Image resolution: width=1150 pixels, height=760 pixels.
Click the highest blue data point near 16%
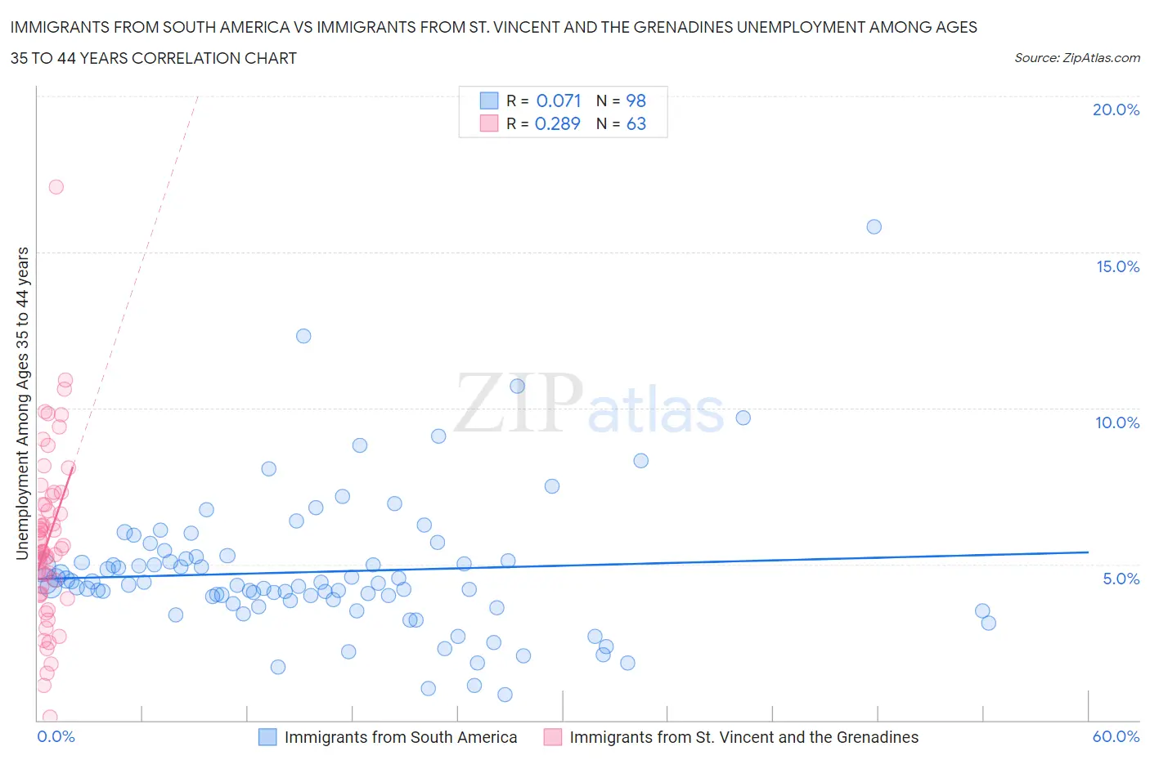(874, 226)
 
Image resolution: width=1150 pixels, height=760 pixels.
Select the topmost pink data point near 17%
(56, 186)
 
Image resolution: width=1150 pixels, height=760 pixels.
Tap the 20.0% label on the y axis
(1116, 110)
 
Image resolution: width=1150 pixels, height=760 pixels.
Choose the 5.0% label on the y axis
(1121, 579)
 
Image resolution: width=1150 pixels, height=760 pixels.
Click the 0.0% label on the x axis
(56, 736)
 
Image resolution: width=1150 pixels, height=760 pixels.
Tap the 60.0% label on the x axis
(1116, 736)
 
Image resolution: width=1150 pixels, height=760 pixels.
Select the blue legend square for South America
(267, 737)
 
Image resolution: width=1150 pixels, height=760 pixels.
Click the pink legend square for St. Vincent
(553, 737)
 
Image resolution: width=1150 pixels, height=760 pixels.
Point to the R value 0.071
(559, 101)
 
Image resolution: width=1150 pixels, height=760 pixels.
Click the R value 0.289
(557, 123)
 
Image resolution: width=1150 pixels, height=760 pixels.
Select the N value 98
(636, 101)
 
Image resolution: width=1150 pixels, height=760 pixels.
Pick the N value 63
(636, 123)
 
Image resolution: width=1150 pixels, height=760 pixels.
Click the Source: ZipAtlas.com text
(1076, 58)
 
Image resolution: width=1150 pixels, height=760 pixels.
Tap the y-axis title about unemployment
(22, 403)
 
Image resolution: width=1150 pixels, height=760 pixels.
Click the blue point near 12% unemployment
(303, 336)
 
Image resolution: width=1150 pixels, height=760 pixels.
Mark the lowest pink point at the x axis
(50, 717)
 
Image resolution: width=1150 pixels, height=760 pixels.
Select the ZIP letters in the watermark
(519, 403)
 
